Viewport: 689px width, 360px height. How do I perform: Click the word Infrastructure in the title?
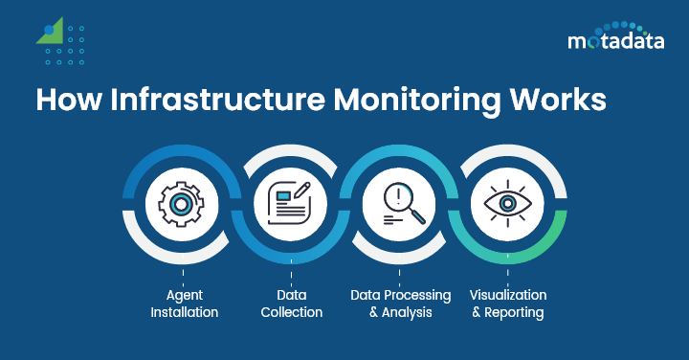tap(211, 101)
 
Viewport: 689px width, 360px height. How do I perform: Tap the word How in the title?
tap(67, 101)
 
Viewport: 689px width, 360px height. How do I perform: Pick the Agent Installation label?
tap(183, 304)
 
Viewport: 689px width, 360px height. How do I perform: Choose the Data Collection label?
tap(291, 304)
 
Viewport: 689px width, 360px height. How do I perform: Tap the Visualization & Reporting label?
tap(507, 304)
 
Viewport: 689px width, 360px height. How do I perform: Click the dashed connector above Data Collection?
tap(291, 276)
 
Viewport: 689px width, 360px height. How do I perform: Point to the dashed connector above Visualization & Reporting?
tap(507, 276)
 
